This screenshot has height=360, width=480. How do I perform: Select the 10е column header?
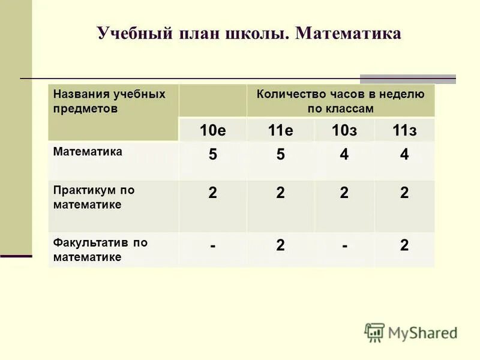tap(212, 131)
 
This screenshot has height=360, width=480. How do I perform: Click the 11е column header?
tap(280, 131)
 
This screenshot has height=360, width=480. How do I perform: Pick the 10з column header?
tap(344, 131)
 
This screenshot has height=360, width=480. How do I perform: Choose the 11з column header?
tap(404, 131)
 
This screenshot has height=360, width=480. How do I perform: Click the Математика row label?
tap(88, 152)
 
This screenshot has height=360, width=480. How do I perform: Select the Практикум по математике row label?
tap(94, 197)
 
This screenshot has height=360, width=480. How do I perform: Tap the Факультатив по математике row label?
tap(100, 250)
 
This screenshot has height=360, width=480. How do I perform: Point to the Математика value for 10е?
tap(212, 155)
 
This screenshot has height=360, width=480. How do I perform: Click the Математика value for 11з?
tap(404, 155)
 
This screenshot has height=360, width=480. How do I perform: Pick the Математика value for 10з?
tap(344, 155)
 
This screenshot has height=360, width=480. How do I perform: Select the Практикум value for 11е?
tap(280, 193)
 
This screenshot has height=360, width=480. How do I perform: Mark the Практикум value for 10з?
tap(344, 193)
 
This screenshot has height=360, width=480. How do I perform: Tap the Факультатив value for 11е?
tap(280, 245)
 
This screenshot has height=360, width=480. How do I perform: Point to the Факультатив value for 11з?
tap(404, 245)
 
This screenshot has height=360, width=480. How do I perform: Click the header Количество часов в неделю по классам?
tap(340, 101)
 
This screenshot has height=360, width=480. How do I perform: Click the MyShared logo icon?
tap(374, 332)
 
